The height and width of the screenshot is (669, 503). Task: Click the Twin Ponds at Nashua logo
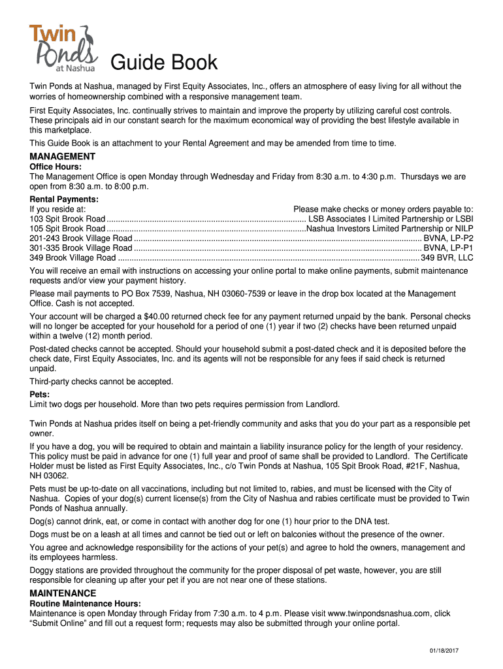[63, 47]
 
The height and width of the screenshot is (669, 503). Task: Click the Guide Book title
[163, 62]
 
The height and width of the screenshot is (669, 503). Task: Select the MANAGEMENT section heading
[63, 157]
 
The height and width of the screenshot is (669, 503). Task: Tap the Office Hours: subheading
[56, 167]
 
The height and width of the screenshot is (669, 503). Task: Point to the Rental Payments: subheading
[64, 199]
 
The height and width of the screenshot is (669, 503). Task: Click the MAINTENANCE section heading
[63, 593]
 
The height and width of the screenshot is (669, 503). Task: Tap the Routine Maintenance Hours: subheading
[85, 604]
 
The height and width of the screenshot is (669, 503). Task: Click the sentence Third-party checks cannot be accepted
[101, 382]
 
